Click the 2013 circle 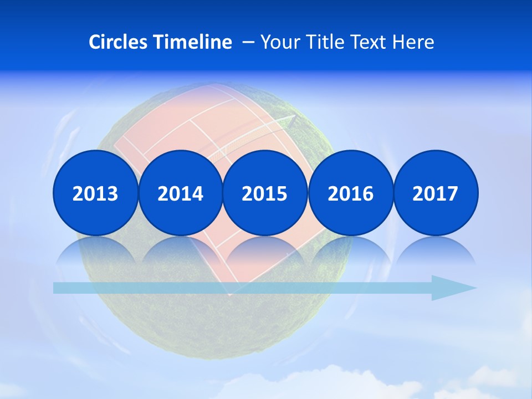pos(95,193)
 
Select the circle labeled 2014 pos(181,193)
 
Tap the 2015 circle pos(265,193)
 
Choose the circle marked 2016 pos(351,193)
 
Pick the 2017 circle pos(436,193)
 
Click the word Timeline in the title pos(193,42)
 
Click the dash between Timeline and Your pos(248,42)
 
